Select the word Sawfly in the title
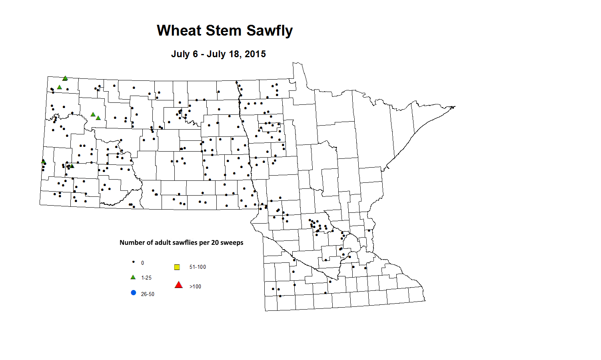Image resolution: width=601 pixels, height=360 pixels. click(x=270, y=31)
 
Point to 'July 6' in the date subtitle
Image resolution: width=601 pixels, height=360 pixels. click(x=184, y=54)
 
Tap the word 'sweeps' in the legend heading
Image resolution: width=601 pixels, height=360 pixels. click(x=231, y=242)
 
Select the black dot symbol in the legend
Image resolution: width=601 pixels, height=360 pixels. click(x=133, y=262)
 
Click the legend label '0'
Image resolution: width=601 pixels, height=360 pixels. click(x=142, y=263)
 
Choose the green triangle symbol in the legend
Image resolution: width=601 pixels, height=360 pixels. click(x=133, y=277)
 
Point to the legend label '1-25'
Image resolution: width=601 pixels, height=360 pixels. click(x=146, y=278)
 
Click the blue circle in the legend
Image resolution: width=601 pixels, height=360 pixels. click(x=134, y=293)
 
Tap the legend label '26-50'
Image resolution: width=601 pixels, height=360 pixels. click(x=148, y=294)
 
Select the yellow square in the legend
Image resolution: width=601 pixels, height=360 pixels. click(x=177, y=267)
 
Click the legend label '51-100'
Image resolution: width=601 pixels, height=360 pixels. click(x=198, y=267)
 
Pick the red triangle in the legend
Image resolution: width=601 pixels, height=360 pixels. click(x=179, y=285)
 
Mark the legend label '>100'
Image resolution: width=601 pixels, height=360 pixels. click(x=195, y=286)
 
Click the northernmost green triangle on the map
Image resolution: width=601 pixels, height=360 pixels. click(x=65, y=78)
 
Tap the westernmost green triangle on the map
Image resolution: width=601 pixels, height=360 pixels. click(x=43, y=161)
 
